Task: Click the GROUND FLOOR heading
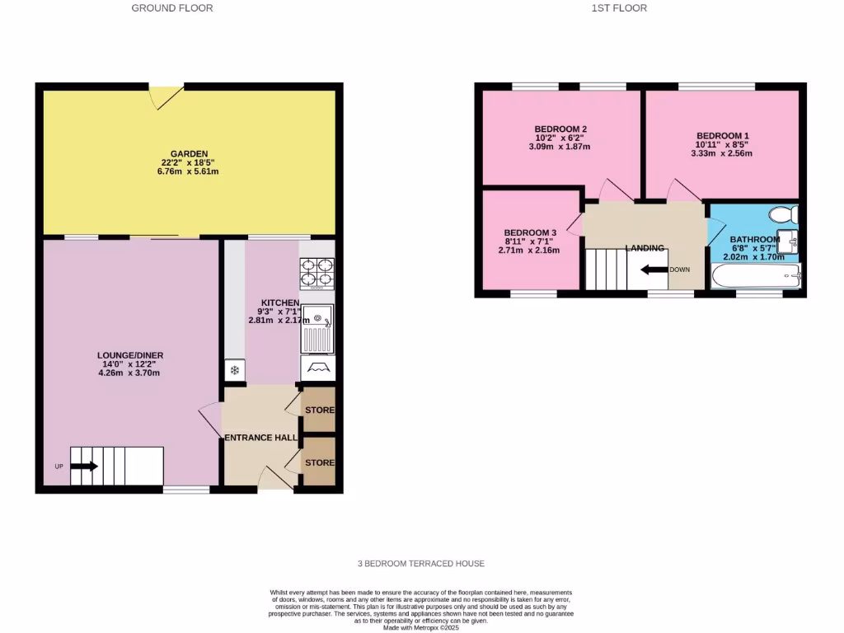coord(172,8)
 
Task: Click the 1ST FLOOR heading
coord(619,8)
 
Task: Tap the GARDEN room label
coord(189,153)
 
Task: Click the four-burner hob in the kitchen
coord(317,274)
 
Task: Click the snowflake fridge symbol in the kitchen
coord(234,371)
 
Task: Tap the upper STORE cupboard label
coord(320,410)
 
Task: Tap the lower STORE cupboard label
coord(320,463)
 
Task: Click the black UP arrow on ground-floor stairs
coord(84,467)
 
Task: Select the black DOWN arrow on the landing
coord(654,269)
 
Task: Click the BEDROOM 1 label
coord(722,135)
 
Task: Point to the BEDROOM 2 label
coord(560,129)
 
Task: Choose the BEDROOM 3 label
coord(531,232)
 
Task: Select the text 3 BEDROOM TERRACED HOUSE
coord(420,564)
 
